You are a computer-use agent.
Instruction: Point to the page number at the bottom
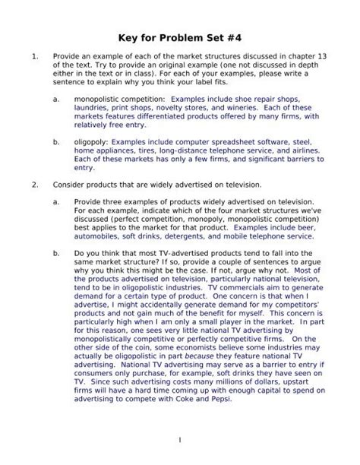[180, 440]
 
